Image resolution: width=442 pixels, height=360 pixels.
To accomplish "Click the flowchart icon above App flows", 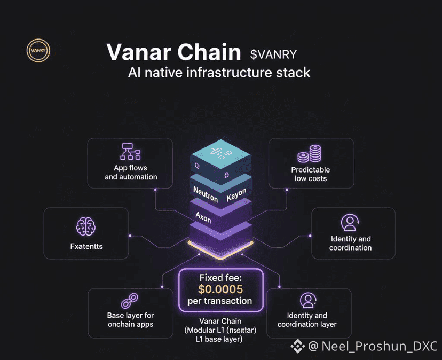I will click(x=130, y=152).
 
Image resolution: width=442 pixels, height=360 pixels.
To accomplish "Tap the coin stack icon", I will click(x=310, y=154).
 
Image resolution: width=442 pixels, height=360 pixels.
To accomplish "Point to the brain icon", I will click(x=85, y=227).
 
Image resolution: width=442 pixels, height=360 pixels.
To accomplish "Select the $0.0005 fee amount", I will click(x=220, y=289).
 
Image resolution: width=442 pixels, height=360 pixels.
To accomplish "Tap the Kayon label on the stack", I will click(x=236, y=195).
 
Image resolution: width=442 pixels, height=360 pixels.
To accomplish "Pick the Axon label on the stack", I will click(x=204, y=217).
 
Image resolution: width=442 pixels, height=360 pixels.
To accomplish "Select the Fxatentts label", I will click(x=86, y=246).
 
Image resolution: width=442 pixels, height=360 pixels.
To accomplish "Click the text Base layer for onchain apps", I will click(x=130, y=320).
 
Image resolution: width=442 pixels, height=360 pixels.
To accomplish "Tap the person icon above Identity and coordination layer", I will click(x=307, y=300).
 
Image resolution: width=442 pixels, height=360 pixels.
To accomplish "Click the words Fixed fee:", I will click(x=220, y=278).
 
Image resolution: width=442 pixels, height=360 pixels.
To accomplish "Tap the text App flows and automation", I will click(x=131, y=173).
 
